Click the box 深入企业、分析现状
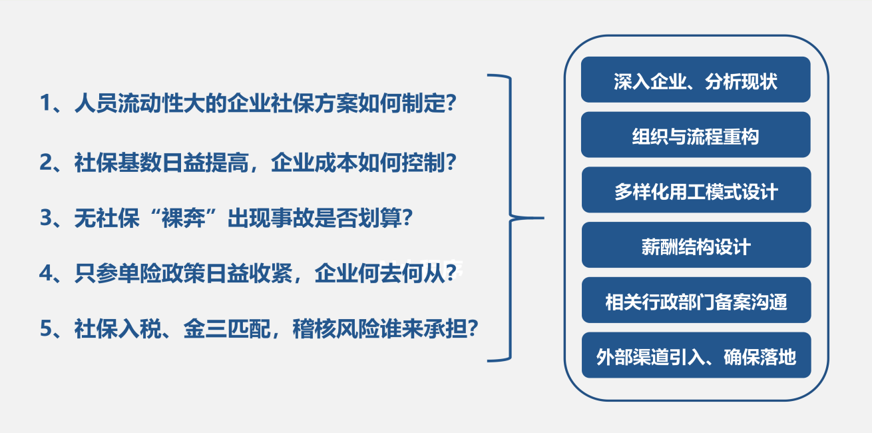(696, 79)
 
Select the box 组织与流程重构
(696, 135)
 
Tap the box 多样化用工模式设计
(696, 190)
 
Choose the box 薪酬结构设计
(696, 244)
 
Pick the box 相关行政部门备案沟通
(696, 300)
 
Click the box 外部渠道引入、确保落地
(696, 355)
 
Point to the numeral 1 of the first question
(45, 103)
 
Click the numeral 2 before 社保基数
(45, 163)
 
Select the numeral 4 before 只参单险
(45, 273)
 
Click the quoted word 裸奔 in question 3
(183, 217)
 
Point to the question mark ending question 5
(473, 328)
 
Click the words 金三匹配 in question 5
(227, 328)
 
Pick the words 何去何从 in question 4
(401, 273)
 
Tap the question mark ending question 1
(451, 103)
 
